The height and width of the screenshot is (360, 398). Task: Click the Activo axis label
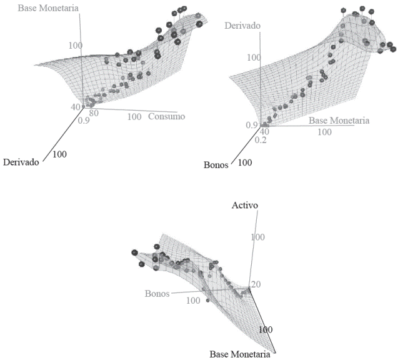[x=246, y=205]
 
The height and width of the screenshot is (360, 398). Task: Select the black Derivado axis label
[x=21, y=162]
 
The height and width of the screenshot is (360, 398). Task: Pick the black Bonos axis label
[x=216, y=165]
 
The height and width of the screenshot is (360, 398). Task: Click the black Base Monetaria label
[x=239, y=354]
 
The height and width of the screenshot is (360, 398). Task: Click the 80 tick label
[x=94, y=114]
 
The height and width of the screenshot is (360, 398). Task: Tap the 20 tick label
[x=255, y=285]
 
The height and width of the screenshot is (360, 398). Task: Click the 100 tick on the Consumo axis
[x=134, y=117]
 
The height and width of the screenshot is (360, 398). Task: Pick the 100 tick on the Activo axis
[x=257, y=237]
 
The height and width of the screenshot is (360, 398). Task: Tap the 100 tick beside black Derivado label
[x=60, y=154]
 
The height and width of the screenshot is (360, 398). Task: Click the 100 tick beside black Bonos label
[x=246, y=162]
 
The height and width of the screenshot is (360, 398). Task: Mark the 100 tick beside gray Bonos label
[x=193, y=301]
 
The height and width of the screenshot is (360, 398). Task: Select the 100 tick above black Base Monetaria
[x=266, y=329]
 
